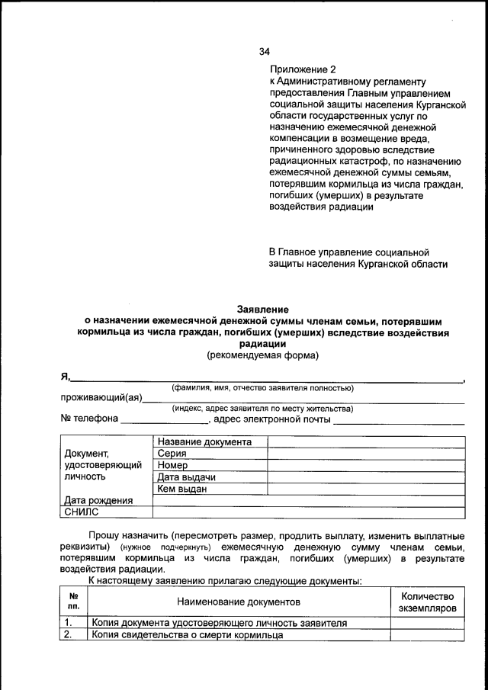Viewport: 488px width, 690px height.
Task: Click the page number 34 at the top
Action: coord(264,52)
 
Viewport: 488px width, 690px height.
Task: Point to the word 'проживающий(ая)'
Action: coord(101,398)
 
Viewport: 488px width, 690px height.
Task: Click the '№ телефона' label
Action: coord(89,419)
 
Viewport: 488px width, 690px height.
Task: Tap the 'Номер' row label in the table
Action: coord(173,465)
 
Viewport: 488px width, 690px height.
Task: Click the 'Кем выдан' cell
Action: coord(182,489)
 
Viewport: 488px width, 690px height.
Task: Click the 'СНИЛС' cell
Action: coord(82,512)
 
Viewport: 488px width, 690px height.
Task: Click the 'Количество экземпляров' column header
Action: coord(427,602)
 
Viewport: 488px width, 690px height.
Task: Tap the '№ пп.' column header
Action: coord(74,602)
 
